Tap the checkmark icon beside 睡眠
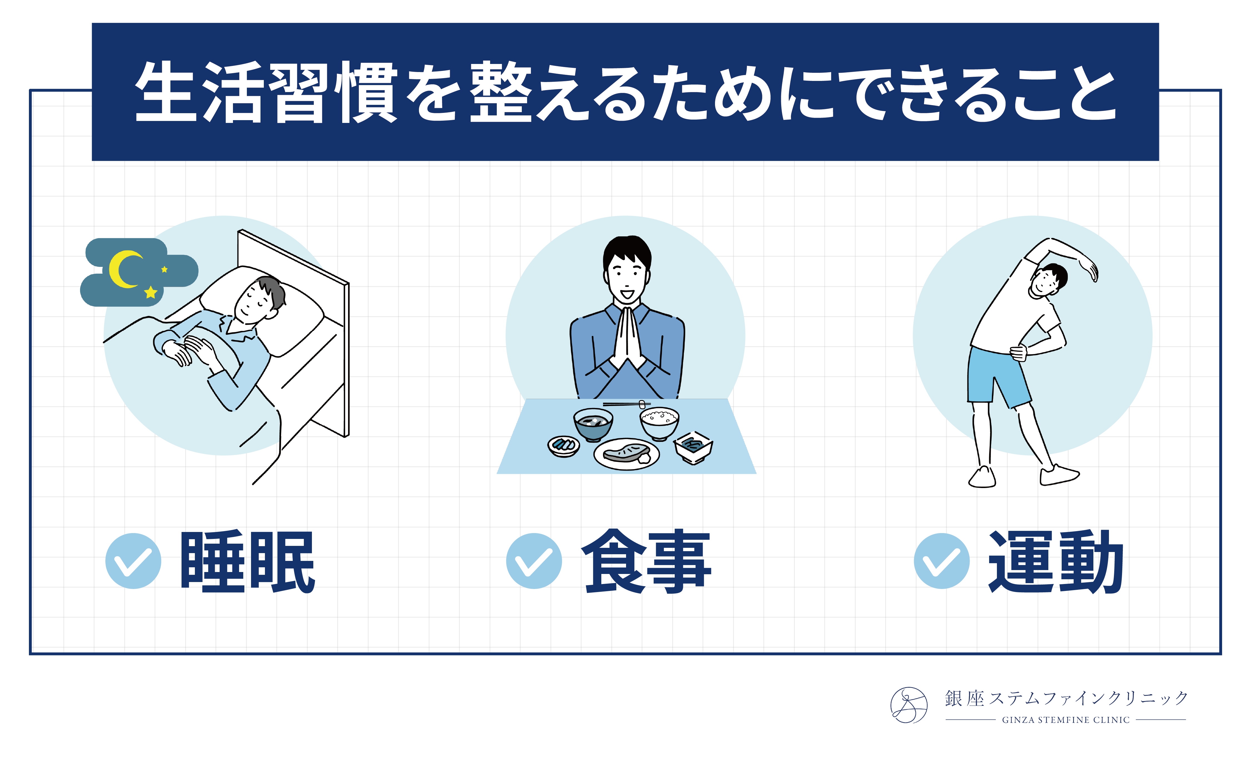(133, 561)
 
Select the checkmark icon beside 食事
(534, 561)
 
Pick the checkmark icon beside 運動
(942, 561)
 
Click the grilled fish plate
(627, 454)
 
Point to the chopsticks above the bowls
(627, 404)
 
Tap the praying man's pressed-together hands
(627, 338)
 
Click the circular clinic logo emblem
(909, 705)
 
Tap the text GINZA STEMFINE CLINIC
(1066, 720)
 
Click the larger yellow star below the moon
(150, 292)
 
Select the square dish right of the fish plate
(693, 447)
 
